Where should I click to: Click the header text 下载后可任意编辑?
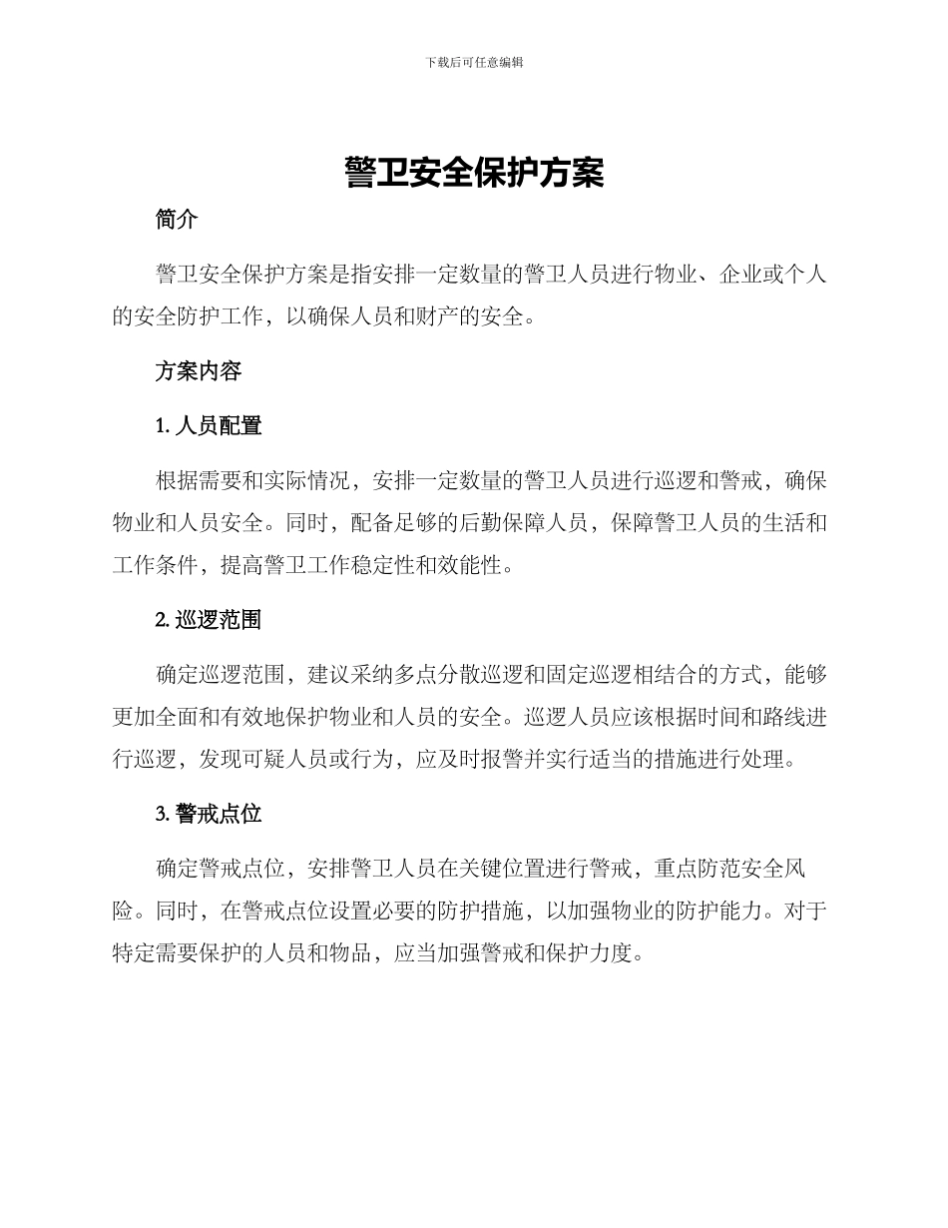point(474,62)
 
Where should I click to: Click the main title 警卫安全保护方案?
point(474,172)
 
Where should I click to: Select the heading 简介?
point(177,221)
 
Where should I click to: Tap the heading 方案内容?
point(199,371)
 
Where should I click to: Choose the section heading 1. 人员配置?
point(209,426)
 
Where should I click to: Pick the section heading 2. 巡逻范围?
point(209,620)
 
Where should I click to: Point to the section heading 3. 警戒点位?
point(209,814)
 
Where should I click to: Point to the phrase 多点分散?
point(437,675)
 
